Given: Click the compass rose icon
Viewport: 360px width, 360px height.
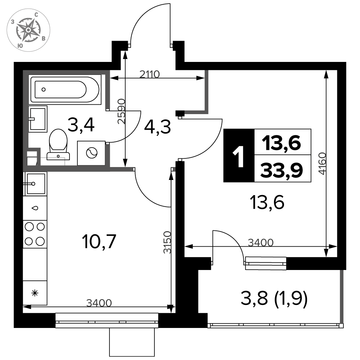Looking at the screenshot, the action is pyautogui.click(x=28, y=30).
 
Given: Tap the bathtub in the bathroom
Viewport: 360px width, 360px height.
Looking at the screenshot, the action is pyautogui.click(x=66, y=89).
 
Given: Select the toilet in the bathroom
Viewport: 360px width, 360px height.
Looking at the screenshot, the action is pyautogui.click(x=58, y=144).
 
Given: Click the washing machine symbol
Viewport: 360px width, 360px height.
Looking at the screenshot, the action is pyautogui.click(x=91, y=153).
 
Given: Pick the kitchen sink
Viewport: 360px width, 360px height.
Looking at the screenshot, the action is pyautogui.click(x=35, y=184).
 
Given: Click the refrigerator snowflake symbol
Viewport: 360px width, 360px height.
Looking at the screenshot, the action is pyautogui.click(x=35, y=293).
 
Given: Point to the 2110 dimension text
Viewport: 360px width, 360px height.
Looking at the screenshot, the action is pyautogui.click(x=149, y=74).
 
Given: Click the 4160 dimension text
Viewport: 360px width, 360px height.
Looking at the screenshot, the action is pyautogui.click(x=323, y=163).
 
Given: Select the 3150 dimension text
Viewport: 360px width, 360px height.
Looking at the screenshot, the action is pyautogui.click(x=167, y=242).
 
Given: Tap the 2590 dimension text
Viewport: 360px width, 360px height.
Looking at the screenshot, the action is pyautogui.click(x=121, y=111).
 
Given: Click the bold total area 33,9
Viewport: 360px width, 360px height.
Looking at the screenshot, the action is pyautogui.click(x=282, y=170).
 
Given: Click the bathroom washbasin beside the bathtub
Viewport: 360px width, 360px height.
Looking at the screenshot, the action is pyautogui.click(x=38, y=119).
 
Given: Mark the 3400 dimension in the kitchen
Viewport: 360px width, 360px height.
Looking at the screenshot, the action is pyautogui.click(x=99, y=303).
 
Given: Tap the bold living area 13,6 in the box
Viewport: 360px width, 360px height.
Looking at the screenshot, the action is pyautogui.click(x=282, y=143).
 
